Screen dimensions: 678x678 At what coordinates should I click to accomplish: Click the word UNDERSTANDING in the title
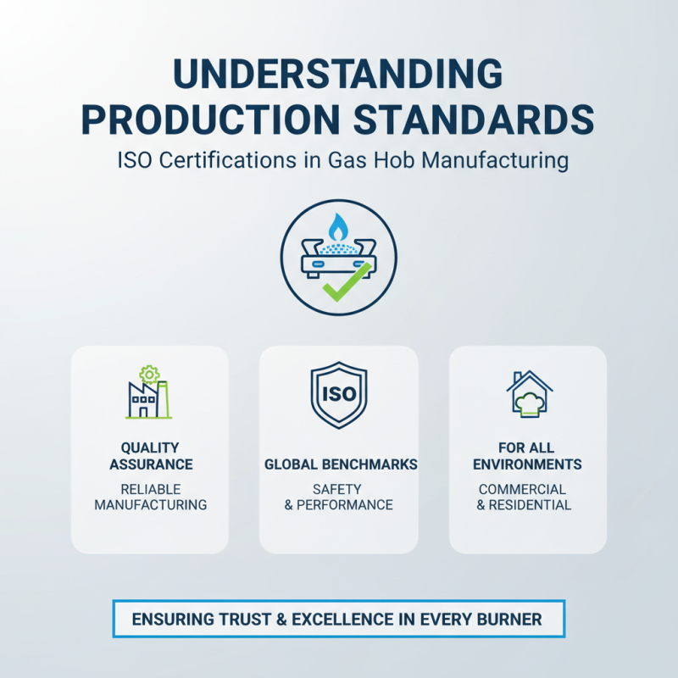[338, 75]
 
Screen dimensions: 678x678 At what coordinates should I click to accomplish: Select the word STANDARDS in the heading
[475, 119]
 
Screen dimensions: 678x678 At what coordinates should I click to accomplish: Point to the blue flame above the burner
[338, 226]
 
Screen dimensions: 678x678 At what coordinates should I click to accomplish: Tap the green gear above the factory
[150, 374]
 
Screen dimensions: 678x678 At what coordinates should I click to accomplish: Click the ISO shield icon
[338, 395]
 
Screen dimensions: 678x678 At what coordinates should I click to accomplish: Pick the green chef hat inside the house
[529, 403]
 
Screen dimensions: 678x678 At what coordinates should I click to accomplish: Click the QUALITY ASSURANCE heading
[150, 456]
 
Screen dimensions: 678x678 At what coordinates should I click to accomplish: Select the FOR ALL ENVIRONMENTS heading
[527, 456]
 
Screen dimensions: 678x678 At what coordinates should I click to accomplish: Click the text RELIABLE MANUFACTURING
[150, 497]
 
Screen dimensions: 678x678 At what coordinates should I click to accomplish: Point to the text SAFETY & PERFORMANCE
[338, 497]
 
